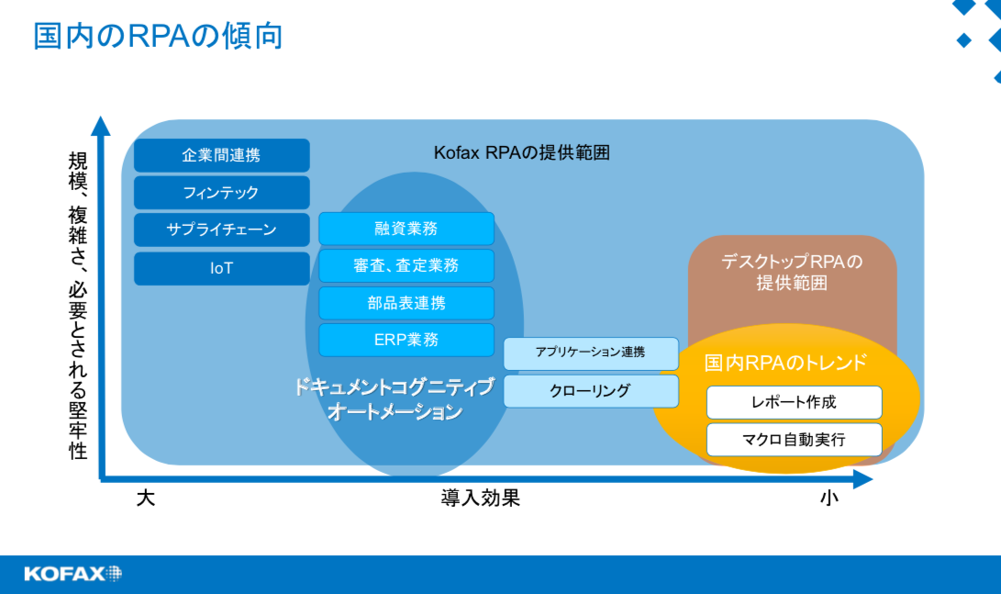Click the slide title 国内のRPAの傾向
[x=158, y=36]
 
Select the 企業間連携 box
[x=221, y=155]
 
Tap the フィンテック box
[x=221, y=192]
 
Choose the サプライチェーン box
[x=221, y=230]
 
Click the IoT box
[x=221, y=268]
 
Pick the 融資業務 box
[x=406, y=229]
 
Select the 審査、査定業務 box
[x=406, y=265]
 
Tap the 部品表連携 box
[x=406, y=303]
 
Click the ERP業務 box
[x=406, y=340]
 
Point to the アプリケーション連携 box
[x=591, y=353]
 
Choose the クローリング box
[x=591, y=391]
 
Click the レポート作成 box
[x=795, y=402]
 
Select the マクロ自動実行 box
[x=795, y=440]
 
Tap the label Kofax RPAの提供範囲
[x=521, y=153]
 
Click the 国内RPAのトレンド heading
[x=785, y=363]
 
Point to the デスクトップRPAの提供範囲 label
[x=792, y=272]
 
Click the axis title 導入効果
[x=480, y=499]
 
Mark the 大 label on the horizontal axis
[x=146, y=499]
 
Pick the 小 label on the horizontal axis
[x=829, y=499]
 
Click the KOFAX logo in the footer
[x=72, y=574]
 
